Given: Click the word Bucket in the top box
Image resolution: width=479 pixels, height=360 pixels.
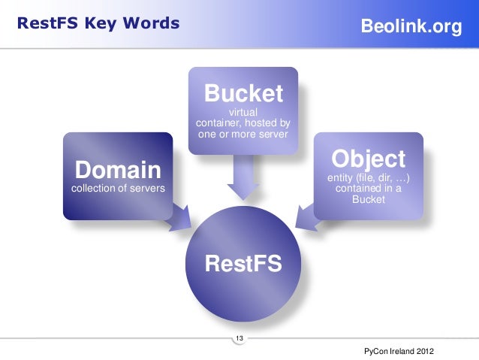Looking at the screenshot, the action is tap(243, 94).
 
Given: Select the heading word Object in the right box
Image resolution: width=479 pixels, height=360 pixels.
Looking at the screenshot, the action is tap(368, 159).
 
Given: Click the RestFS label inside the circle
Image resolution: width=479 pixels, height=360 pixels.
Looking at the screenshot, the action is tap(243, 264).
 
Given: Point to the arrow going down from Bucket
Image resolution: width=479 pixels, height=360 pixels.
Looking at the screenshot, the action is tap(243, 180).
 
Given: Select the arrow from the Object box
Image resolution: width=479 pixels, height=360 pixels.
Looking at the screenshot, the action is tap(307, 216).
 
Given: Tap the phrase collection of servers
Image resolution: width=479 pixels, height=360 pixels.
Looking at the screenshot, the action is tap(117, 188).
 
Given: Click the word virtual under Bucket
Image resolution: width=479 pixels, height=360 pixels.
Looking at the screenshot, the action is tap(243, 113).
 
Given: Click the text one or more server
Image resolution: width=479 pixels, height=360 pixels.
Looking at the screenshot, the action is tap(243, 134).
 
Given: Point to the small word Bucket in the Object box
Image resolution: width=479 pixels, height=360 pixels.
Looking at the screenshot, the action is tap(368, 200).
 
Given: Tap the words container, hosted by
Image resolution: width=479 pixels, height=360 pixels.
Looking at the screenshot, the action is tap(243, 123).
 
